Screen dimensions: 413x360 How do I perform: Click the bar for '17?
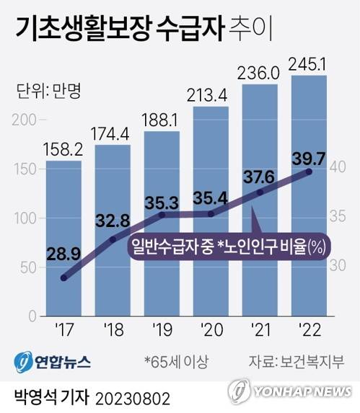(64, 238)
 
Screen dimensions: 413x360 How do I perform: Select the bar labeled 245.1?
(309, 195)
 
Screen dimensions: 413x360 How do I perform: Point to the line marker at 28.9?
(64, 277)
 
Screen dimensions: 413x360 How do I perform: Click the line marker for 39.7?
(309, 172)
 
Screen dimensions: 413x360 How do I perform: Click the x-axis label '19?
(162, 332)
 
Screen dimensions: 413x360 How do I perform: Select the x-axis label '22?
(309, 332)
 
